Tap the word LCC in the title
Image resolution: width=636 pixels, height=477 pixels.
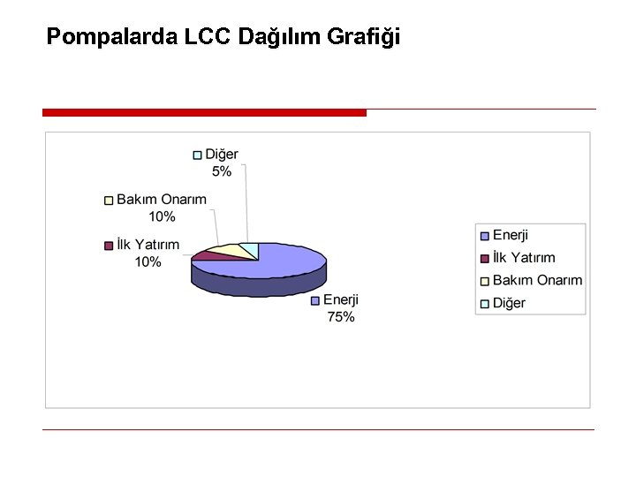[x=208, y=38]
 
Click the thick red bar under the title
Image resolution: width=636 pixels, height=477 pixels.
[x=204, y=113]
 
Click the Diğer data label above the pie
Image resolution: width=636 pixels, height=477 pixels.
[x=222, y=155]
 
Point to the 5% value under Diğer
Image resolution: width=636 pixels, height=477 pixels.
[x=222, y=171]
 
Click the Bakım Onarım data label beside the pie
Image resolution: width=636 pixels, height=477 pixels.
[x=162, y=200]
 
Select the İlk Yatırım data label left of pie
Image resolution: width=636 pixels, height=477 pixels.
[x=148, y=245]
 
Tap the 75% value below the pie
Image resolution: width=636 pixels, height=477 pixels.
[x=341, y=317]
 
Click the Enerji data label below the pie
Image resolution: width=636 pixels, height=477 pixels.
[x=341, y=300]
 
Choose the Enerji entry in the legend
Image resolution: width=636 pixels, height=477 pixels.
[x=511, y=235]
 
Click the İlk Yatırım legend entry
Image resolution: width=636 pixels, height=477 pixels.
[x=524, y=258]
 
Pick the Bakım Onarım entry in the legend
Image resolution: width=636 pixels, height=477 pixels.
[x=537, y=281]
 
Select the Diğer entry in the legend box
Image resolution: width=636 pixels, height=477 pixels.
[x=509, y=303]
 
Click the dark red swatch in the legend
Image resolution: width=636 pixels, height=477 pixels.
[x=484, y=259]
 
